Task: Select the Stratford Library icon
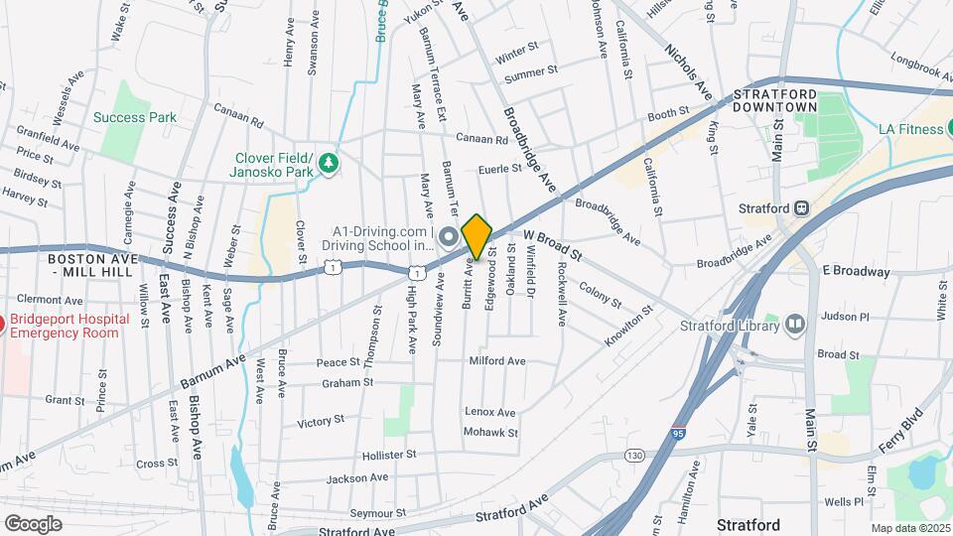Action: pos(795,324)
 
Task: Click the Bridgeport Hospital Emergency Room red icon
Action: pos(2,324)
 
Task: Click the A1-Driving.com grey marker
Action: pos(448,236)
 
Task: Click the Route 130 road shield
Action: pos(634,455)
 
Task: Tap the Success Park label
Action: pos(135,117)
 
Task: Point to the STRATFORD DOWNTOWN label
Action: pos(775,99)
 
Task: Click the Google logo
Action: pos(34,523)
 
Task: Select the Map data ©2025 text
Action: pos(909,528)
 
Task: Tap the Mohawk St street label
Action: pos(492,433)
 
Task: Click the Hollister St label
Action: pos(384,455)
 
